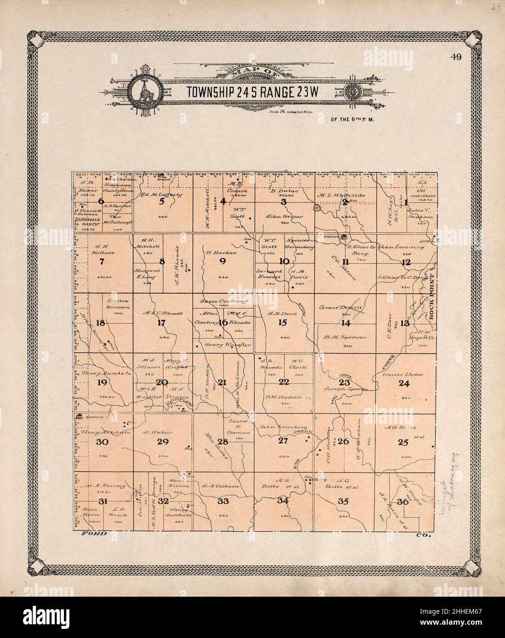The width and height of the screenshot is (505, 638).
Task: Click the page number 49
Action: point(456,57)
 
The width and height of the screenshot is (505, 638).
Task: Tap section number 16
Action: point(223,323)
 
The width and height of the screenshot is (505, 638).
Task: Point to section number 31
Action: point(102,501)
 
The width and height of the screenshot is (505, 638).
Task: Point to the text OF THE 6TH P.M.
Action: point(347,120)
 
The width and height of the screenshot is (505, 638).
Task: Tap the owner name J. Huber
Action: point(151,432)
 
